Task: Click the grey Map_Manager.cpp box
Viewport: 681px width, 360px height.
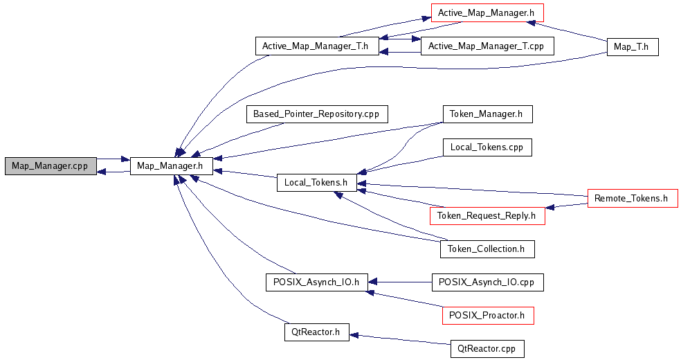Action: tap(50, 166)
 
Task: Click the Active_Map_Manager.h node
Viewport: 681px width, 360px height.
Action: tap(487, 12)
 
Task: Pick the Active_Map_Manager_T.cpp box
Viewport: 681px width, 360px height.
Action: tap(487, 46)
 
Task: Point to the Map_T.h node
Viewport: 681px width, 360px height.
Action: tap(633, 46)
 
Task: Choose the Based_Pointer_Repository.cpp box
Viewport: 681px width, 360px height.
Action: tap(317, 114)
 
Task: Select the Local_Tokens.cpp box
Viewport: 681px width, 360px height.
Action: tap(487, 147)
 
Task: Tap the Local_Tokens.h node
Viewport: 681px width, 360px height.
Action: tap(316, 183)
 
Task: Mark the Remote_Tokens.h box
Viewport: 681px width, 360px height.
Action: tap(631, 198)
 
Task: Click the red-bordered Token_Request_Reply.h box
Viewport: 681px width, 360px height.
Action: tap(487, 215)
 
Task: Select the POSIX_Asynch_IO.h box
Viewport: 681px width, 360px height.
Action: tap(316, 282)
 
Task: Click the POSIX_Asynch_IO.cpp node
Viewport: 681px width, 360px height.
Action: tap(487, 282)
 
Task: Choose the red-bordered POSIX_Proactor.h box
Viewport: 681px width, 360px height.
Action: tap(487, 316)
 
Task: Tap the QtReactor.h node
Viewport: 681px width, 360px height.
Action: tap(316, 332)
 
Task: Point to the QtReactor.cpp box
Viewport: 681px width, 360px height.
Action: tap(487, 348)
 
